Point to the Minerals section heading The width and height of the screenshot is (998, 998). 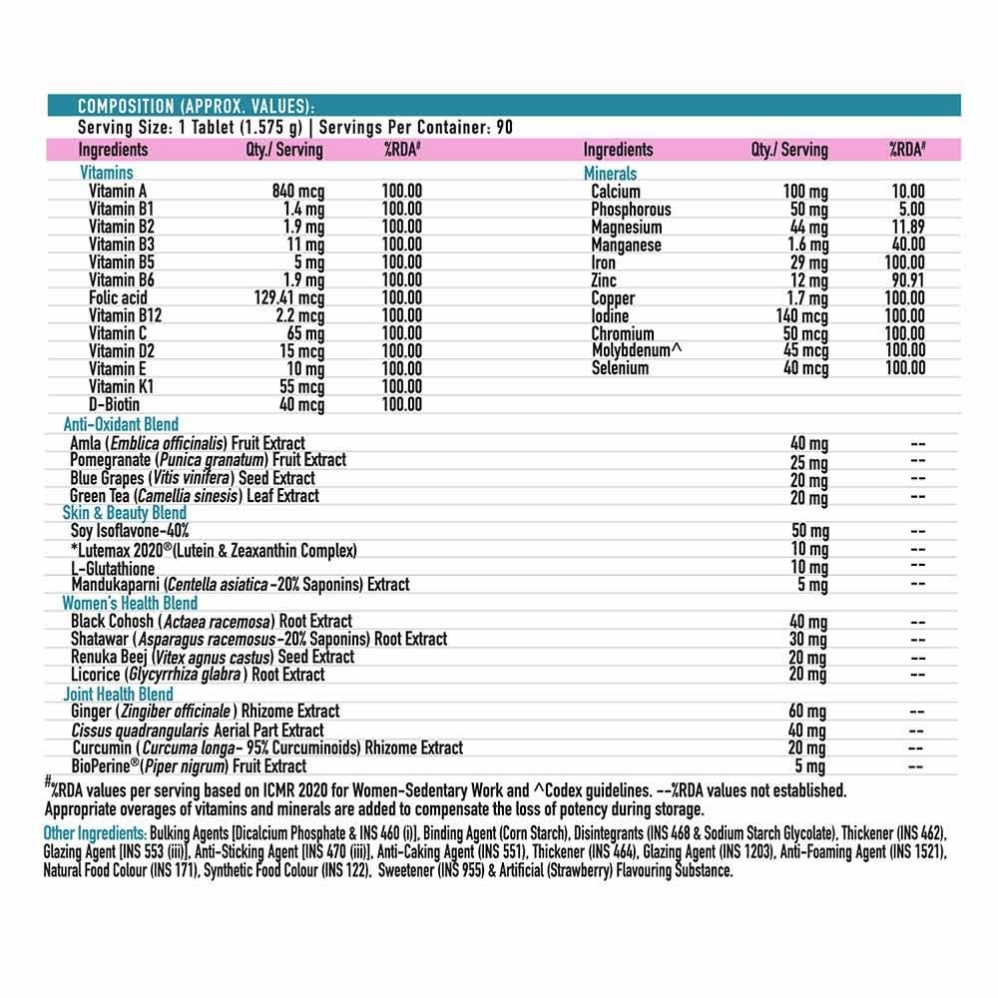tap(610, 174)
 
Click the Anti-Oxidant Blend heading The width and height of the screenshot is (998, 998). tap(121, 424)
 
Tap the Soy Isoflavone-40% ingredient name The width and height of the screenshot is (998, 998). tap(130, 531)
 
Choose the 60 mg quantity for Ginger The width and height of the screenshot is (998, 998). tap(808, 712)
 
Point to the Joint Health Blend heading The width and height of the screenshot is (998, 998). tap(118, 694)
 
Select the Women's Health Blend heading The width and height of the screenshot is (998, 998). tap(130, 603)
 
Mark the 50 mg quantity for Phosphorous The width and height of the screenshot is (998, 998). tap(810, 210)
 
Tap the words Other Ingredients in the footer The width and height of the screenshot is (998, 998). tap(95, 833)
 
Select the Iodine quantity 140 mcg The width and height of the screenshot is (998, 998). tap(801, 315)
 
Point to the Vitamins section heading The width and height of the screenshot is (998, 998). tap(106, 174)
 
